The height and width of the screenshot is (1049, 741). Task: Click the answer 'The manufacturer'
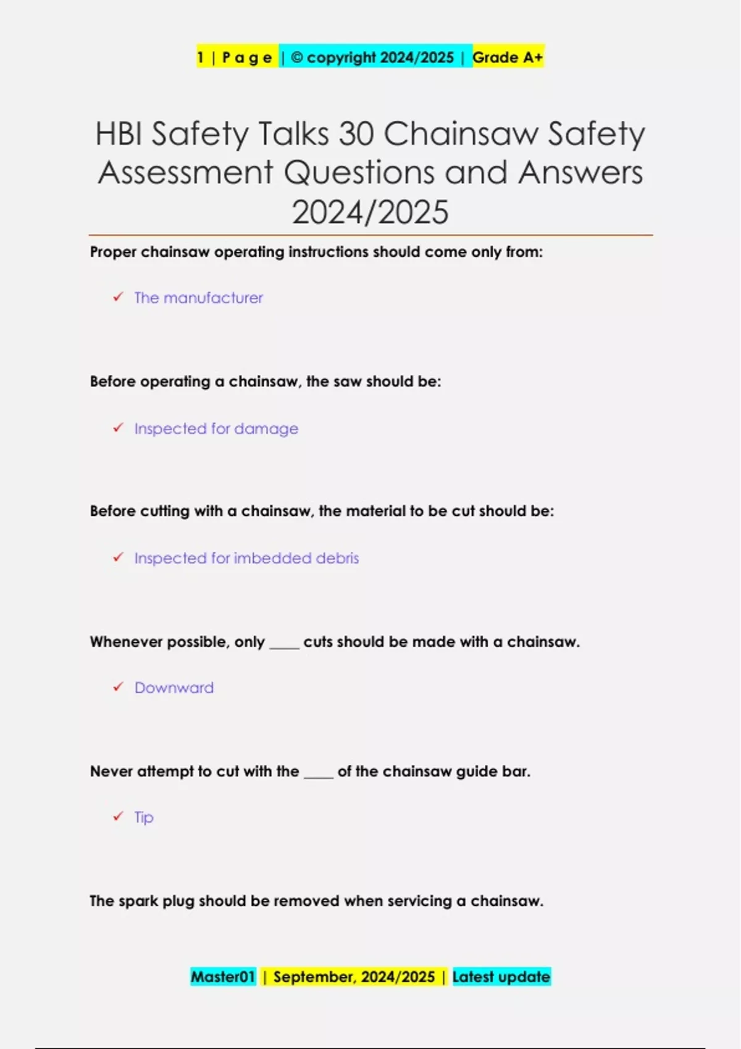click(198, 298)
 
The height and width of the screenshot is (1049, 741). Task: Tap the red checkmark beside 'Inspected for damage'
click(118, 428)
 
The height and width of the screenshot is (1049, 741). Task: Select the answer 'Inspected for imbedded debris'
click(246, 558)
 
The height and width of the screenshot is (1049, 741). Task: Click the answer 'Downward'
click(174, 688)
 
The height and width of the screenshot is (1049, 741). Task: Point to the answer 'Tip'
click(144, 818)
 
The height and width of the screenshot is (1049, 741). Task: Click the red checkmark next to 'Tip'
click(118, 816)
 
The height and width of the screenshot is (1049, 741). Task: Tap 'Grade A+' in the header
click(508, 57)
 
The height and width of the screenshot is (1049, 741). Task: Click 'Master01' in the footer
click(223, 977)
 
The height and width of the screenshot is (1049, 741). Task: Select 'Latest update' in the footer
click(501, 977)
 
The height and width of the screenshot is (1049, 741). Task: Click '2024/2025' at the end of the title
click(370, 212)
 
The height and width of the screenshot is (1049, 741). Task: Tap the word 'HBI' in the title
click(119, 133)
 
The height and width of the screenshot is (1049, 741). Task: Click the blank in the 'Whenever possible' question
click(284, 645)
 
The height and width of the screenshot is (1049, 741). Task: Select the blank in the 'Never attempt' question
click(318, 774)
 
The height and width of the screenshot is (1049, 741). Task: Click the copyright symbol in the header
click(296, 57)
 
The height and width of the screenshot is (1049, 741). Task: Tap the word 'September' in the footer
click(314, 977)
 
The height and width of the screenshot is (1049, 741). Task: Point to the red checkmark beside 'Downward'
click(118, 687)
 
